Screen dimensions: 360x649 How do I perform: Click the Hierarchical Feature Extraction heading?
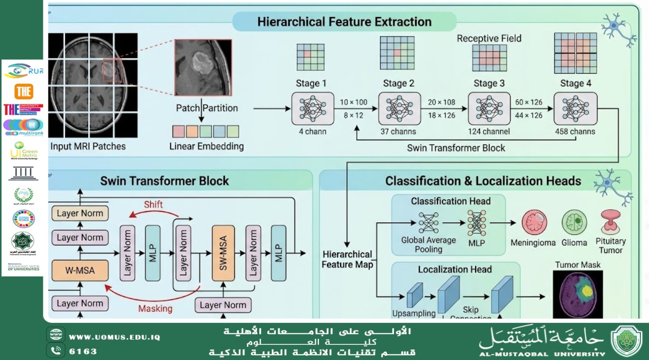pos(344,22)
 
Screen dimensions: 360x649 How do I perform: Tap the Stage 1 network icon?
pos(312,108)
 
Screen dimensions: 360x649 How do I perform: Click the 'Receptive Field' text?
pos(489,39)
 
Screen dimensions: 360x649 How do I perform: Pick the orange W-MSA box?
pos(80,271)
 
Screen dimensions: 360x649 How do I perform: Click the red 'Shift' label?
pos(153,205)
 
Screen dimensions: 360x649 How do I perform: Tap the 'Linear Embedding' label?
pos(206,147)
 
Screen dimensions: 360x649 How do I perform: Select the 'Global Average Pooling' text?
pos(428,244)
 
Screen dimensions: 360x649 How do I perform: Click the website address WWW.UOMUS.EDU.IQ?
pos(114,337)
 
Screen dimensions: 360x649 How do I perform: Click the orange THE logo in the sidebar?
pos(24,92)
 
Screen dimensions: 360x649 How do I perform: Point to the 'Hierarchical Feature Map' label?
pos(347,259)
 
